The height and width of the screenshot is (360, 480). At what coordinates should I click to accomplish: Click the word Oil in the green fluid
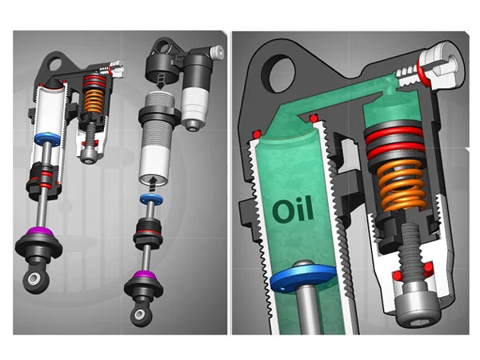tap(293, 210)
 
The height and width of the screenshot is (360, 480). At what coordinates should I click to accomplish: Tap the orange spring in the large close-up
tap(402, 186)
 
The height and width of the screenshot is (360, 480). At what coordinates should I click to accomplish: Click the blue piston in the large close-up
tap(303, 278)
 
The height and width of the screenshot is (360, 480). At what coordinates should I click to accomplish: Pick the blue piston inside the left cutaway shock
tap(47, 138)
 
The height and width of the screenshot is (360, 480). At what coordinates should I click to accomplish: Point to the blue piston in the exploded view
tap(151, 199)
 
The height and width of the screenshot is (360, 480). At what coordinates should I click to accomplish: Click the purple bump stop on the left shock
tap(39, 232)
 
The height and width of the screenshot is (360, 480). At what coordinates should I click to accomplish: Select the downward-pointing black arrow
tap(161, 82)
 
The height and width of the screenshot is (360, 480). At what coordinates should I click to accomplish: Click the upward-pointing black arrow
tap(153, 183)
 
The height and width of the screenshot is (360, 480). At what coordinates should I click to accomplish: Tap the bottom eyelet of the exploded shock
tap(140, 315)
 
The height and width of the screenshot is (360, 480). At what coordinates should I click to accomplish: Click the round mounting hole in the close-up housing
tap(278, 73)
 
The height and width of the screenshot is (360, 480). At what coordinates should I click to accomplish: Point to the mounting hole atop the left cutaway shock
tap(55, 64)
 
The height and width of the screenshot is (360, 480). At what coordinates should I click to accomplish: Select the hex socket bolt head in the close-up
tap(418, 309)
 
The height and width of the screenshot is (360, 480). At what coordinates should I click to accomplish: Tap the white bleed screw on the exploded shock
tap(217, 52)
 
